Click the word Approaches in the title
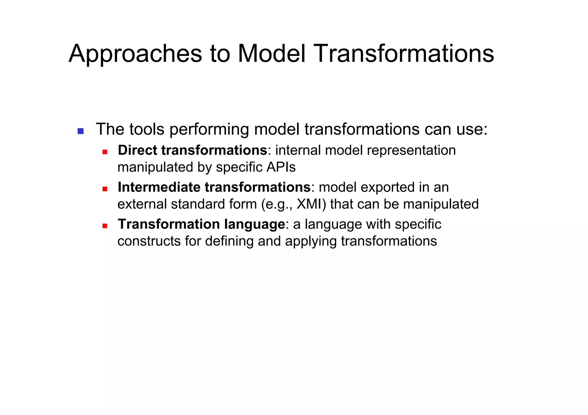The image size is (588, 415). pos(135,54)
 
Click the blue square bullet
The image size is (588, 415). pos(80,131)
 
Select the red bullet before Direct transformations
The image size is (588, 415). pos(105,152)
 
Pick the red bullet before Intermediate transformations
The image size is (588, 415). pos(105,189)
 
